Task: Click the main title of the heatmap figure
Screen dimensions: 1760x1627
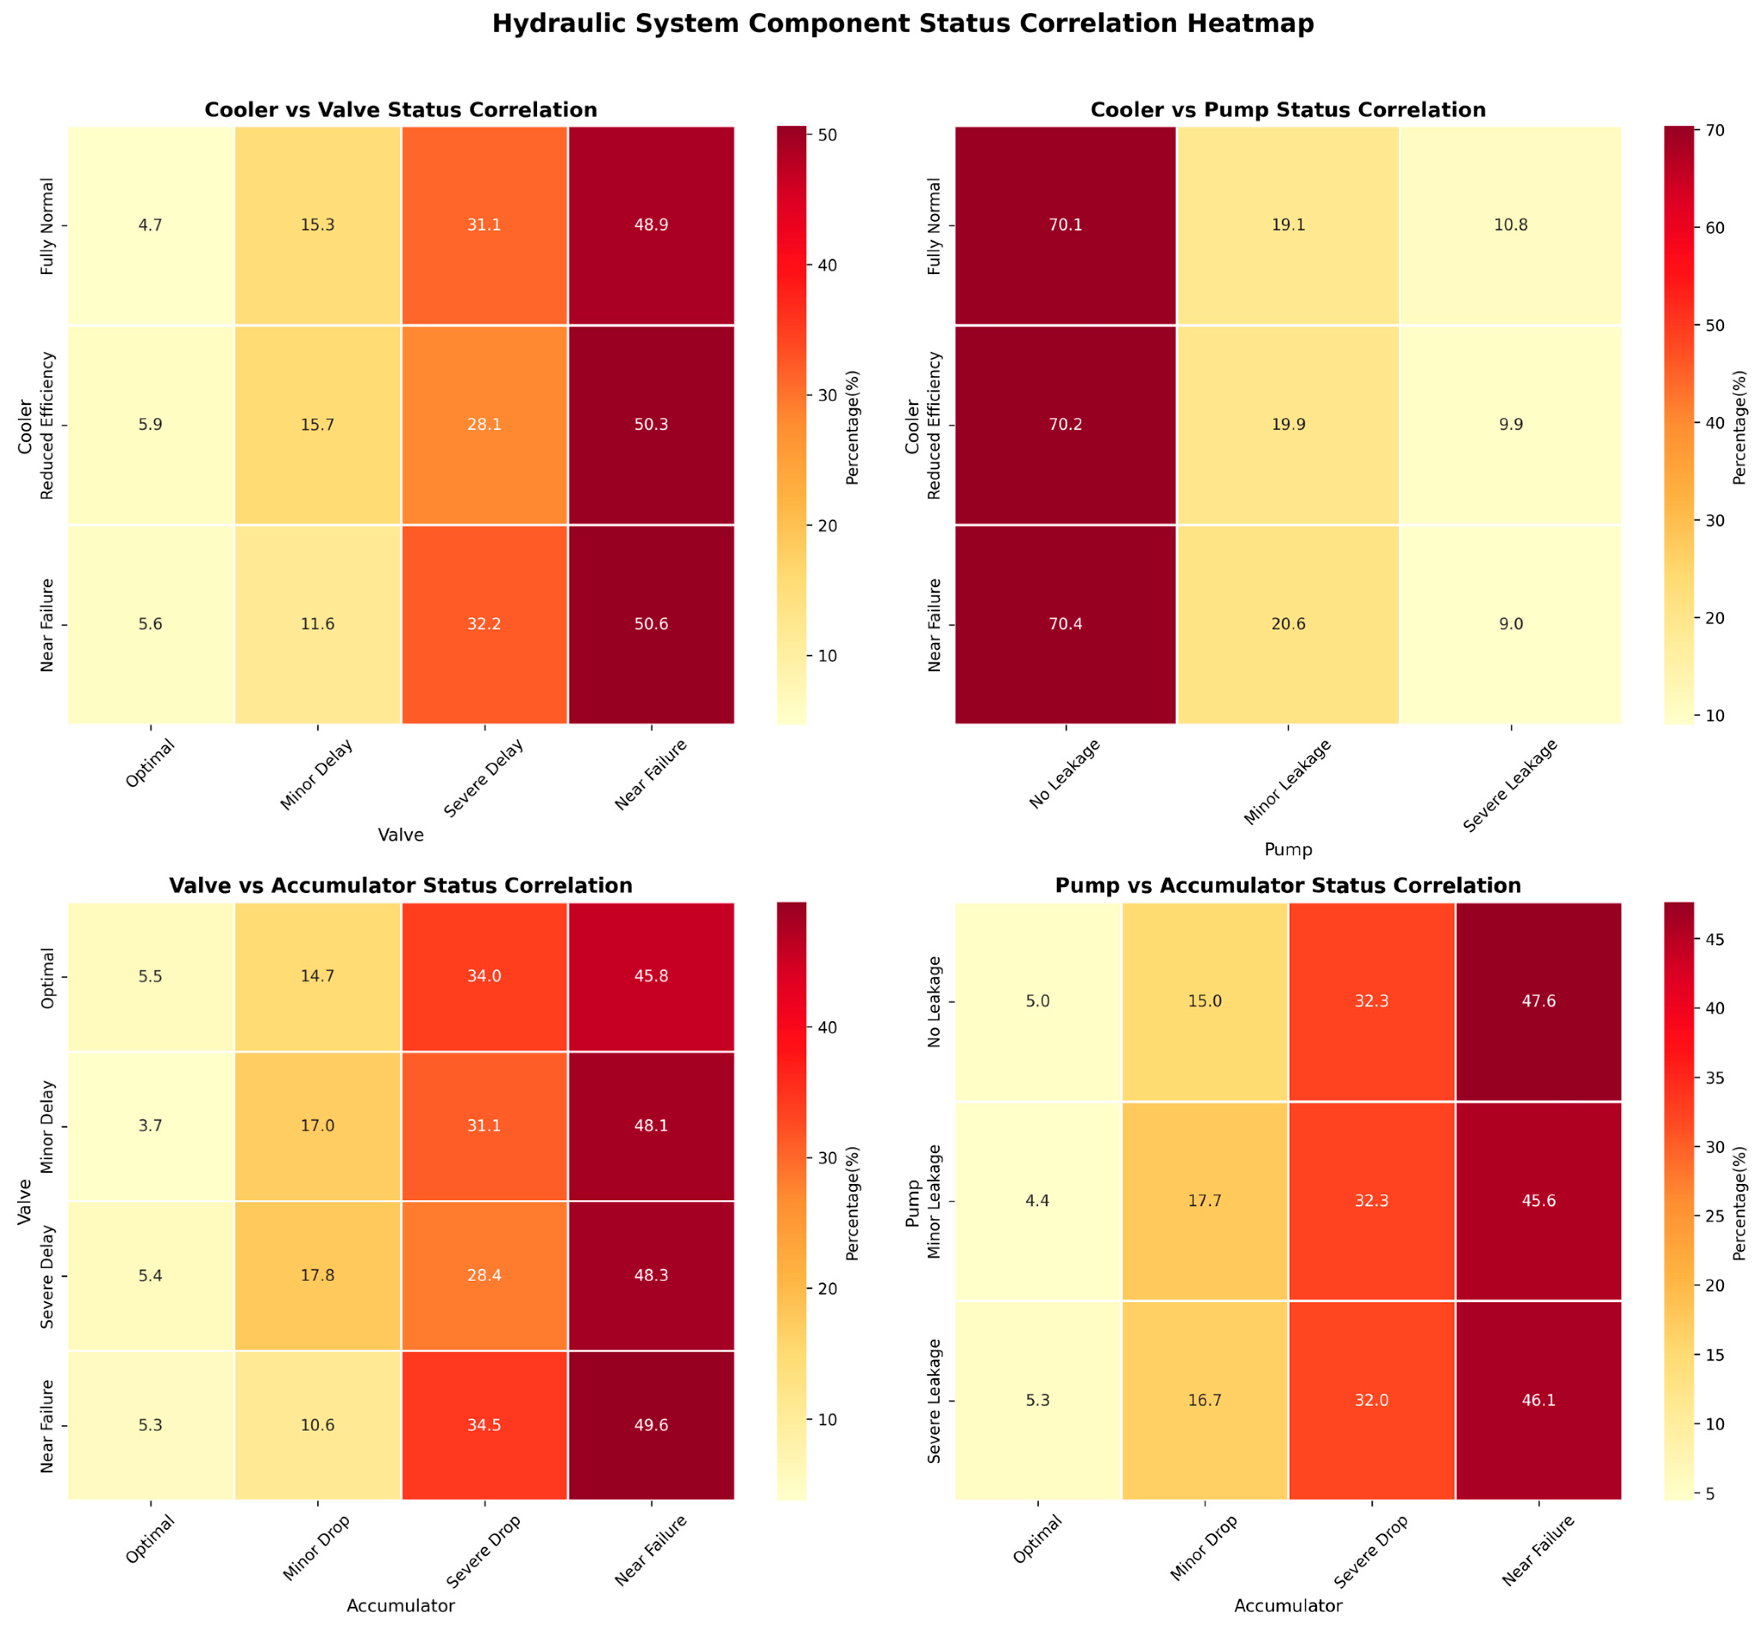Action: tap(902, 24)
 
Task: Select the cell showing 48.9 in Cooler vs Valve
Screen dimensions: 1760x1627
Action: tap(651, 225)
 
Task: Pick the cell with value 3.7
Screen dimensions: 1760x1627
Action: tap(150, 1126)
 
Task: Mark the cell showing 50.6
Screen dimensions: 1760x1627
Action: tap(651, 624)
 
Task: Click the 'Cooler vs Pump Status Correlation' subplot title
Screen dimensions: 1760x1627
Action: tap(1288, 110)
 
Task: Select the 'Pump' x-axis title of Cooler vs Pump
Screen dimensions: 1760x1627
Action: tap(1288, 850)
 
